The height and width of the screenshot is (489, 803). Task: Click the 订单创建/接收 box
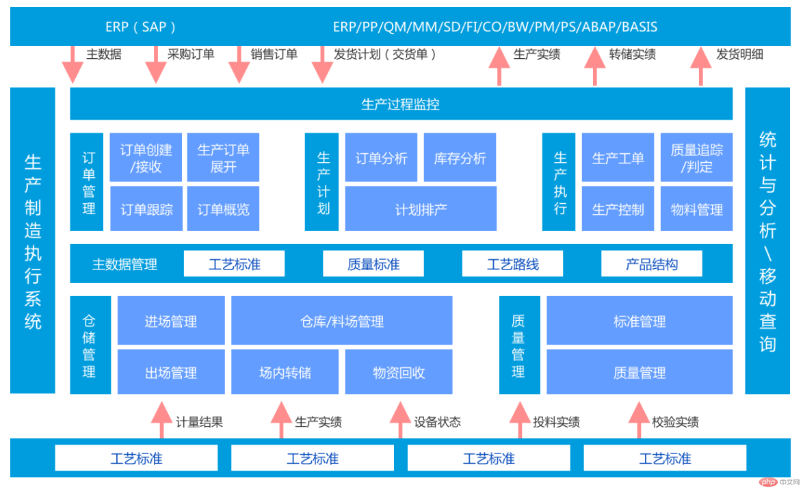tap(146, 158)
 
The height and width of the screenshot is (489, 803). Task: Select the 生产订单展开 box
tap(223, 158)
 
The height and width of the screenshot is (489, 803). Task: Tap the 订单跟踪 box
tap(146, 209)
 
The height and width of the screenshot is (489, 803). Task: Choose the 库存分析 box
tap(460, 158)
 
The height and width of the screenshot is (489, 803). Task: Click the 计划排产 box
tap(421, 209)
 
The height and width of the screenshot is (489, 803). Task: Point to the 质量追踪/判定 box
tap(696, 158)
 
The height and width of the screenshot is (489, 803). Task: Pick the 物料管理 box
tap(696, 209)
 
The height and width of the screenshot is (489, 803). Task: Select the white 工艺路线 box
tap(512, 264)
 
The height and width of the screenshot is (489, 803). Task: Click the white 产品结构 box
tap(652, 264)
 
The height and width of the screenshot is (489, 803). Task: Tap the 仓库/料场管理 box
tap(342, 321)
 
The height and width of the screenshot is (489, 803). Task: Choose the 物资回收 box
tap(399, 372)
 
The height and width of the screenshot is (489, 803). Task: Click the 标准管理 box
tap(640, 321)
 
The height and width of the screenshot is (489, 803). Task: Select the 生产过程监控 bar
tap(401, 104)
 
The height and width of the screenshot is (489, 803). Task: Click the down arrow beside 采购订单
tap(156, 64)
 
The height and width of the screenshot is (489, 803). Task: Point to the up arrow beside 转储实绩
tap(594, 66)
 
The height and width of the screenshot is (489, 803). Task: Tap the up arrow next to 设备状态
tap(400, 420)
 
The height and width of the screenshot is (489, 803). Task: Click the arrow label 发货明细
tap(739, 54)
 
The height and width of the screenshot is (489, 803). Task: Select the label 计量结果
tap(199, 422)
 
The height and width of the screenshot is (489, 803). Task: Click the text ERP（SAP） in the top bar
tap(140, 27)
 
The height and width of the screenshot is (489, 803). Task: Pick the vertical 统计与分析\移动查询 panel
tap(767, 241)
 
